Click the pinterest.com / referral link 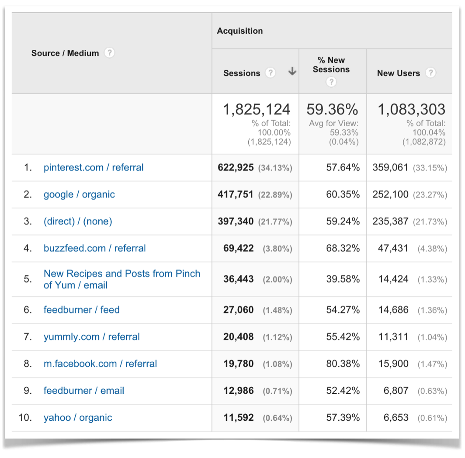[94, 167]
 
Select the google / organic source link [79, 194]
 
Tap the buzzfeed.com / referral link [94, 248]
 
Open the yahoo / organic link [78, 417]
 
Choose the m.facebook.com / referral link [100, 364]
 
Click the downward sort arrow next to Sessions [292, 73]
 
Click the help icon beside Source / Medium [110, 53]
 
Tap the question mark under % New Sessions [331, 82]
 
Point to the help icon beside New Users [430, 73]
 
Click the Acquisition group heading [240, 31]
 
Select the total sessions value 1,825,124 [257, 109]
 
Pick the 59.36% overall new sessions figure [332, 109]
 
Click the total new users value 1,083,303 [411, 109]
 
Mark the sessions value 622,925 [236, 167]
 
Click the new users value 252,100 [390, 194]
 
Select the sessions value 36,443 [238, 279]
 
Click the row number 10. [26, 417]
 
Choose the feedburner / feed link [81, 310]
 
